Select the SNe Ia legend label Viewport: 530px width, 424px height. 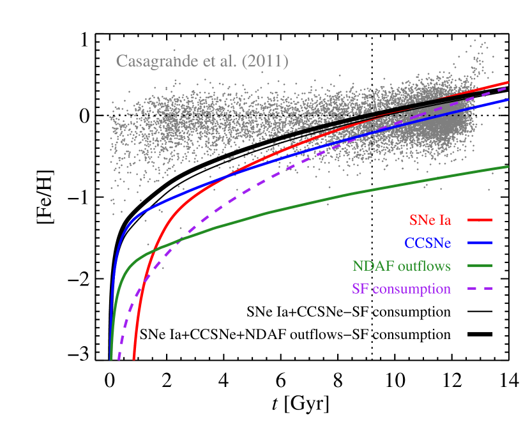(430, 220)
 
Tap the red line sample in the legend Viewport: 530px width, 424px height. (480, 220)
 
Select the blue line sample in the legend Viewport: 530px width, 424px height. (480, 243)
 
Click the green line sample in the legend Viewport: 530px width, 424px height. (480, 266)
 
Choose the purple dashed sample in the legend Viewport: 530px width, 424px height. (480, 289)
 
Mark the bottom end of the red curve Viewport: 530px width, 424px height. (133, 360)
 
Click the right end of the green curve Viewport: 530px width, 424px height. (508, 166)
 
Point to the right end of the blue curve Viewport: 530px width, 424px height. (508, 100)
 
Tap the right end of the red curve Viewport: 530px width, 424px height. (508, 82)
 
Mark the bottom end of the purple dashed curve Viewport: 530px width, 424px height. (119, 360)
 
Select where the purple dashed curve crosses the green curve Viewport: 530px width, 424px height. (181, 239)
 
